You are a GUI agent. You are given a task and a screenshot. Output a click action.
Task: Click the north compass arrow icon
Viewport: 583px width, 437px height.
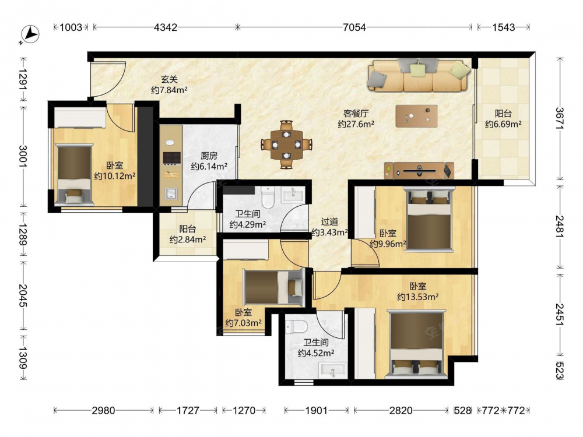[30, 34]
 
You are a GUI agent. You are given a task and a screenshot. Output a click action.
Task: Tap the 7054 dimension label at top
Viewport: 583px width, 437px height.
[354, 27]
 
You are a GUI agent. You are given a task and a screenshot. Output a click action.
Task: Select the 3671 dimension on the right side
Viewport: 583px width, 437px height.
[560, 118]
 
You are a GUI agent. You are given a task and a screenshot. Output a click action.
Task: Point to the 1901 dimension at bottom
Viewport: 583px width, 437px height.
[316, 410]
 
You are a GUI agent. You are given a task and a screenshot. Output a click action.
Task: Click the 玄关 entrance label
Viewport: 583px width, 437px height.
[169, 79]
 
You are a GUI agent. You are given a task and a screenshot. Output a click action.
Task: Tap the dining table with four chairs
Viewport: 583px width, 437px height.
[286, 144]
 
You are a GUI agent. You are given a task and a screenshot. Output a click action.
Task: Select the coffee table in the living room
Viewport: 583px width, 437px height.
[416, 116]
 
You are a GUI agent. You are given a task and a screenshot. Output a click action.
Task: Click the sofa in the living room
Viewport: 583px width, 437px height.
[419, 75]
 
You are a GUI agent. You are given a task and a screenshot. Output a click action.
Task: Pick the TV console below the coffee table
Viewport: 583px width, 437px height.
[419, 171]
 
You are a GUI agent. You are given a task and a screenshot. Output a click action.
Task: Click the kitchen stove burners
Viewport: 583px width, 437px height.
[172, 158]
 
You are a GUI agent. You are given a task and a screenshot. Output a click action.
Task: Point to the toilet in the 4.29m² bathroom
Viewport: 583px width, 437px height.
[268, 197]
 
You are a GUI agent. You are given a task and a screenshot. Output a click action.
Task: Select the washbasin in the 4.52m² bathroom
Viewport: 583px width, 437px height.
[333, 371]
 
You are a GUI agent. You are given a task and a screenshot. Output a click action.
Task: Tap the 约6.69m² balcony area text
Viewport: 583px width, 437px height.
[503, 124]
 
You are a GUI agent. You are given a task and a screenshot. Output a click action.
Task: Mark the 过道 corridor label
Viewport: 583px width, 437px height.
[329, 222]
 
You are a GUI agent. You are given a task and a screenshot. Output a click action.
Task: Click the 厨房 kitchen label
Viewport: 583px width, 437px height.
[209, 156]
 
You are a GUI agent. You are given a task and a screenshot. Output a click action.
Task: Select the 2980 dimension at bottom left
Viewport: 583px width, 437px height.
[103, 410]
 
